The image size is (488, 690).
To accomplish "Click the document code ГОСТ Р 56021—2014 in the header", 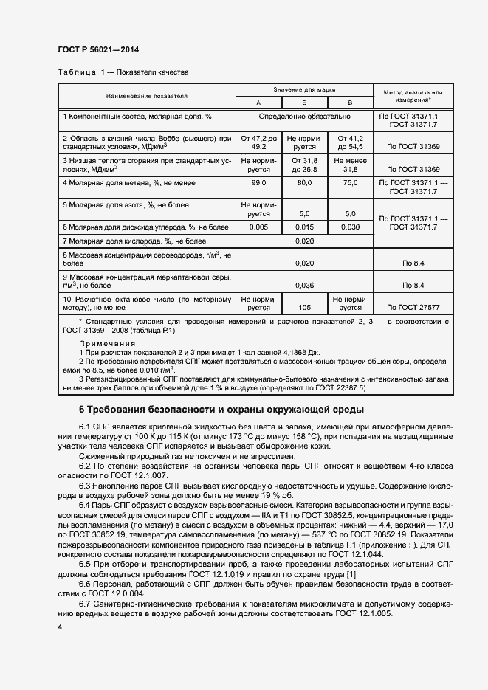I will (x=97, y=49).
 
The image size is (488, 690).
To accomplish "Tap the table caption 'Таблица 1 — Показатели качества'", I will (x=123, y=73).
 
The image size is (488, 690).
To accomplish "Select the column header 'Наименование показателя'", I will (x=146, y=96).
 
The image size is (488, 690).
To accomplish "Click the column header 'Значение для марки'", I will (x=304, y=89).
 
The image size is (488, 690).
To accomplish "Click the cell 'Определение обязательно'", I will (x=304, y=117).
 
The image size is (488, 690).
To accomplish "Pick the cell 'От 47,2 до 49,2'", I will (x=258, y=142).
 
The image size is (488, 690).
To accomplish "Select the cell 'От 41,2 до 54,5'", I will (x=350, y=142).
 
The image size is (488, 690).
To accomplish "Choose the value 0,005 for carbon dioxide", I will (x=258, y=227).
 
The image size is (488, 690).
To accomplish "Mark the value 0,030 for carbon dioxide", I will (x=350, y=227).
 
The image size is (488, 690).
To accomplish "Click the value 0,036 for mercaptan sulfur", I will (x=304, y=284).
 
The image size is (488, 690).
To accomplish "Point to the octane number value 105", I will (x=304, y=306).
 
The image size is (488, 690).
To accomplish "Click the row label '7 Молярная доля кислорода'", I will (x=134, y=241).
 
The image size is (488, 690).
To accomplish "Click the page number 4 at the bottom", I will (x=60, y=627).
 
